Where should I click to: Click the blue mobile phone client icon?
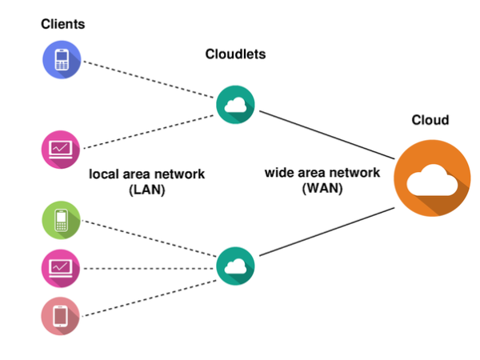[x=61, y=61]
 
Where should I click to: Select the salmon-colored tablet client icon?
[x=61, y=316]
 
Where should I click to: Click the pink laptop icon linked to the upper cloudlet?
[x=61, y=147]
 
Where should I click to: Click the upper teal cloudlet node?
[x=235, y=104]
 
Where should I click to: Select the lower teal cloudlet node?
[x=235, y=266]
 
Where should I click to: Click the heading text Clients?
[x=63, y=25]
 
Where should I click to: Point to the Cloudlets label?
[x=234, y=54]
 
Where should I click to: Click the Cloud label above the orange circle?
[x=430, y=120]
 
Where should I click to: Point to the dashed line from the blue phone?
[x=148, y=81]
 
